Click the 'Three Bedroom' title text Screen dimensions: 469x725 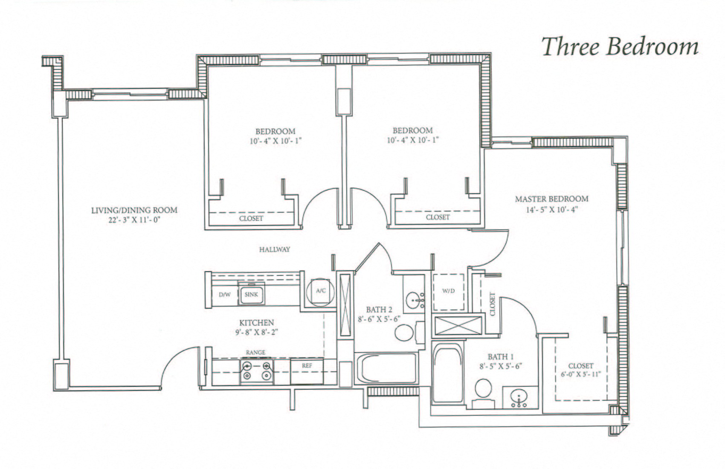coord(620,47)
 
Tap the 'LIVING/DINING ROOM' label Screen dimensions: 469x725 coord(134,210)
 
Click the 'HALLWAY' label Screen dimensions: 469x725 coord(275,249)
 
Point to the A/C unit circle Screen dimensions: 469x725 coord(320,291)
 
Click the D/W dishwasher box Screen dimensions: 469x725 coord(224,295)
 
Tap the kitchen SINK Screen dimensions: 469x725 coord(251,295)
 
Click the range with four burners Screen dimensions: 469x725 coord(256,371)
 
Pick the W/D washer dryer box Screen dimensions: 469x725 coord(448,292)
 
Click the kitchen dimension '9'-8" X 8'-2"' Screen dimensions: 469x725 coord(256,332)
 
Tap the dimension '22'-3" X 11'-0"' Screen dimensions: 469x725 coord(134,220)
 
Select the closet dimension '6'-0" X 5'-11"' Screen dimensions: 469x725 coord(580,375)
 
